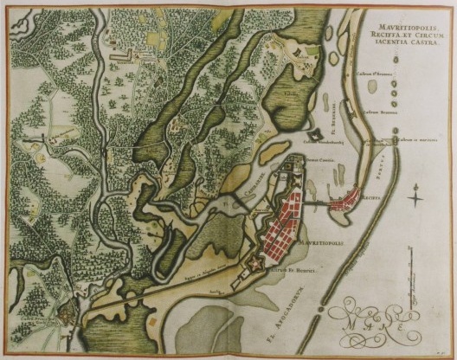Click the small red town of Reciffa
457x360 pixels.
point(352,201)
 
